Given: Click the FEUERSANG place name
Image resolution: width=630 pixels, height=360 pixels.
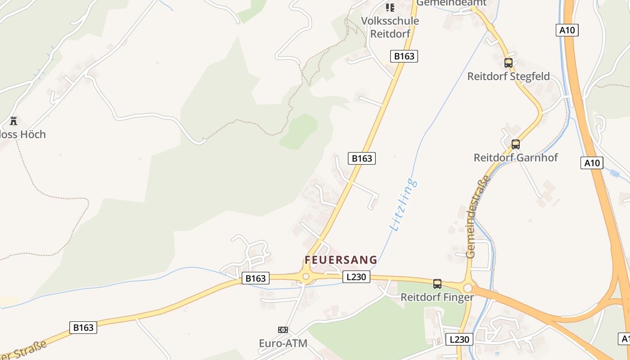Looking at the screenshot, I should (341, 260).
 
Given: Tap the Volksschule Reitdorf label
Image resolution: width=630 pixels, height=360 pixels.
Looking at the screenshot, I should (390, 27).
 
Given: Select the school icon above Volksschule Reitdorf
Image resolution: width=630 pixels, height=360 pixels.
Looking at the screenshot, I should (390, 7).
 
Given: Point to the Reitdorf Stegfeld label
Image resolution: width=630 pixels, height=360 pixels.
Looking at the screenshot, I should (508, 76).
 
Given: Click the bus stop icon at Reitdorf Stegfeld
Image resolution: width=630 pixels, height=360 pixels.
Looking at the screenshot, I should (508, 63).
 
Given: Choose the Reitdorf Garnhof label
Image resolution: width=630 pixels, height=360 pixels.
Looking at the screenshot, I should (516, 158).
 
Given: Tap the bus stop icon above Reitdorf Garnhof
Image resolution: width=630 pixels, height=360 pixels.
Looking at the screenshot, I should (516, 144).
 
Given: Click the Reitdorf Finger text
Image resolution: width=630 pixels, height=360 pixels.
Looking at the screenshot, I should (437, 297).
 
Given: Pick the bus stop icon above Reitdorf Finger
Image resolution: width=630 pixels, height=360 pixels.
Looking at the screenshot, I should (437, 284).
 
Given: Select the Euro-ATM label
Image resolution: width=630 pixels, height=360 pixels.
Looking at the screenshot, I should (283, 343).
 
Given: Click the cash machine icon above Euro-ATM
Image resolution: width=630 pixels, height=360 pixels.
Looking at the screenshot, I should (283, 330).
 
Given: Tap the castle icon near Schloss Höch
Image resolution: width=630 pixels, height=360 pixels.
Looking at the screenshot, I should (13, 121).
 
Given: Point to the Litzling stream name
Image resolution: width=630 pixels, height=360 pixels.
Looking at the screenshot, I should (403, 205).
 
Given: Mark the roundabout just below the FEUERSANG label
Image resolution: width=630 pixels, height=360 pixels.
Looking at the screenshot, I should (306, 276).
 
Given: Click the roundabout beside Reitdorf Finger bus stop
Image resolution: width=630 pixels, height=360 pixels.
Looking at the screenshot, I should (468, 288).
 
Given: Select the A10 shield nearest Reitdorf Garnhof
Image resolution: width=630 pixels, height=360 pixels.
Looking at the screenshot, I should (592, 163).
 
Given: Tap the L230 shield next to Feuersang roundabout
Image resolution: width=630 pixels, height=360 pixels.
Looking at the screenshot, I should (356, 277).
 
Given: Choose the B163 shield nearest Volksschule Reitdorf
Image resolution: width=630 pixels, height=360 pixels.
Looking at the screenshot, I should (404, 56).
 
